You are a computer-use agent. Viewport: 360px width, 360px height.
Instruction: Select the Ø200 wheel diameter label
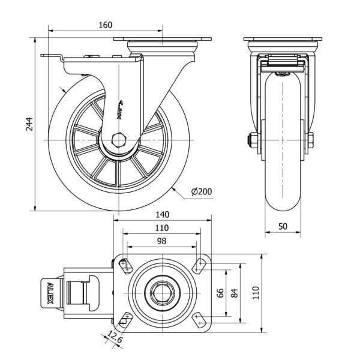point(201,191)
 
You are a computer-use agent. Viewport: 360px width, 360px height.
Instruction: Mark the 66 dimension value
point(220,293)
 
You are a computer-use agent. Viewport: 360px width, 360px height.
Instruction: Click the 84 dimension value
point(235,293)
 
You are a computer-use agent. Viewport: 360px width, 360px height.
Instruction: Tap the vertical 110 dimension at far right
point(255,293)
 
